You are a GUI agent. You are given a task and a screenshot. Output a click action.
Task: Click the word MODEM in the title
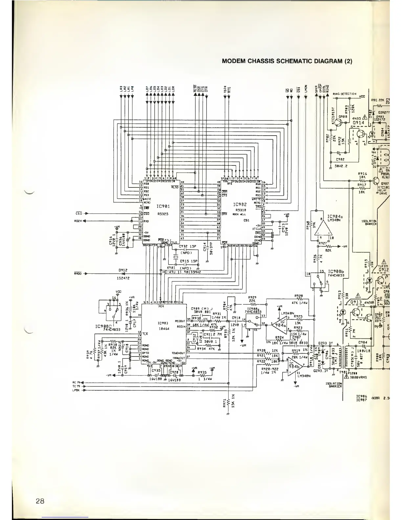click(234, 61)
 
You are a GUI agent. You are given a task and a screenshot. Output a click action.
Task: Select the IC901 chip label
click(163, 206)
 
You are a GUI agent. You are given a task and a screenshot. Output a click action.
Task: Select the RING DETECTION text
click(345, 94)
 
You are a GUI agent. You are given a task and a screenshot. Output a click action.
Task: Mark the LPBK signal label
click(76, 390)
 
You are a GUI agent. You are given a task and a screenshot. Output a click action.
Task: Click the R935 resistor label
click(202, 372)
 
